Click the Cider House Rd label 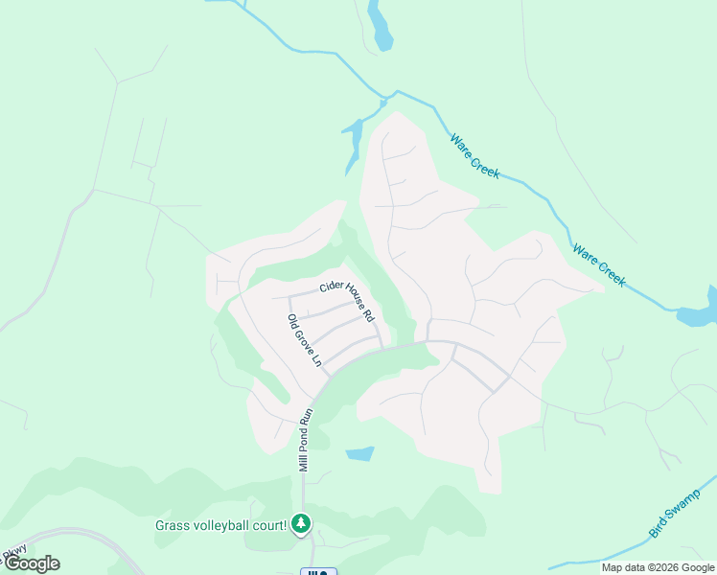(x=346, y=299)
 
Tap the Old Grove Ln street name (x=305, y=339)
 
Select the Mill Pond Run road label (x=306, y=440)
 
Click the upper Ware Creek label (x=475, y=155)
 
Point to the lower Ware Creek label (x=599, y=265)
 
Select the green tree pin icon (x=302, y=523)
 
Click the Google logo (x=32, y=563)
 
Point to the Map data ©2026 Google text (x=658, y=567)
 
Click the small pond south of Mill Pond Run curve (x=358, y=453)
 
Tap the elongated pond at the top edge (x=381, y=27)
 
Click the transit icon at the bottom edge (x=318, y=572)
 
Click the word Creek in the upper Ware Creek (x=485, y=165)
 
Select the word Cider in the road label (x=331, y=286)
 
